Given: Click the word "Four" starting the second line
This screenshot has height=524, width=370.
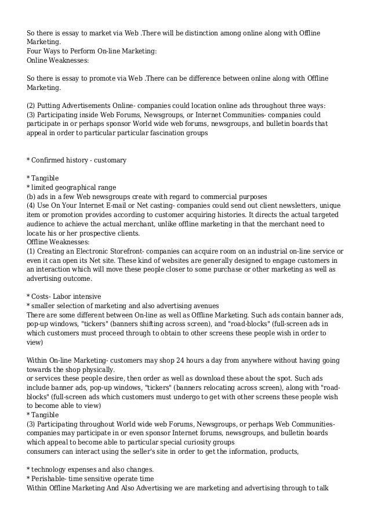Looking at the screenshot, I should pos(35,51).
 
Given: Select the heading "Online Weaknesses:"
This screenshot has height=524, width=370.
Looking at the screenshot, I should pos(58,60).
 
